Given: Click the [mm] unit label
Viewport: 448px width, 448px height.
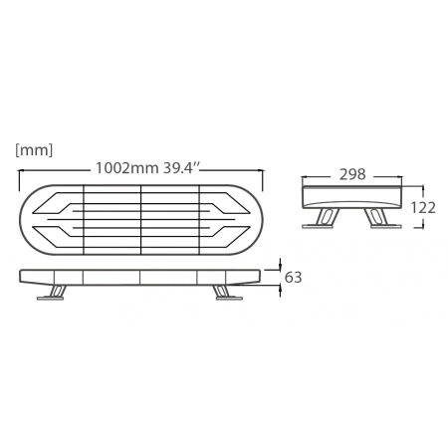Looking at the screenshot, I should [x=34, y=150].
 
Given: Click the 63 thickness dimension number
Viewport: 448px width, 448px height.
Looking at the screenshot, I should [x=293, y=277].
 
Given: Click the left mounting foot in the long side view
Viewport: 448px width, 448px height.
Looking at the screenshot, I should [x=57, y=292].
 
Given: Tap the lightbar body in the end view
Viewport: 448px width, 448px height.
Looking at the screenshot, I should [x=350, y=195].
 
